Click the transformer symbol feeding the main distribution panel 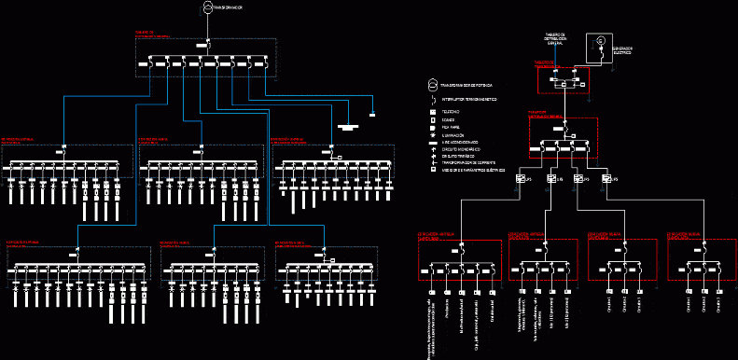[x=208, y=8]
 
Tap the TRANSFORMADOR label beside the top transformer [x=230, y=8]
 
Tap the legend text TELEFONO [x=451, y=111]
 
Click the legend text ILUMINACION [x=454, y=134]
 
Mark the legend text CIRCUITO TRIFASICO [x=460, y=156]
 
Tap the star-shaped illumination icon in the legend [x=433, y=134]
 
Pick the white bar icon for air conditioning [x=433, y=142]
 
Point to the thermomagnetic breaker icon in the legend [x=433, y=98]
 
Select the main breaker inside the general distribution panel [x=209, y=46]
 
